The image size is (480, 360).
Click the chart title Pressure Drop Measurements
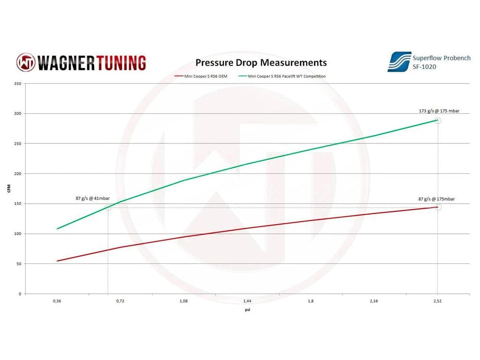click(x=261, y=63)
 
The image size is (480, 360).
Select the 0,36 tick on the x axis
click(x=57, y=301)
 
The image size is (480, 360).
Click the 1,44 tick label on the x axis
click(x=247, y=301)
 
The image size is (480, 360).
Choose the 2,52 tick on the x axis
click(x=437, y=301)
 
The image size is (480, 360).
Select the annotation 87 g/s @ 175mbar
click(x=436, y=199)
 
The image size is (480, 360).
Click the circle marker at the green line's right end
click(x=438, y=120)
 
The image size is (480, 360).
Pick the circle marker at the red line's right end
click(x=438, y=207)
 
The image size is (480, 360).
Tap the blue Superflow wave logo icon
click(x=399, y=62)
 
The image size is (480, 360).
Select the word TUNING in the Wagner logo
click(x=119, y=63)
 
